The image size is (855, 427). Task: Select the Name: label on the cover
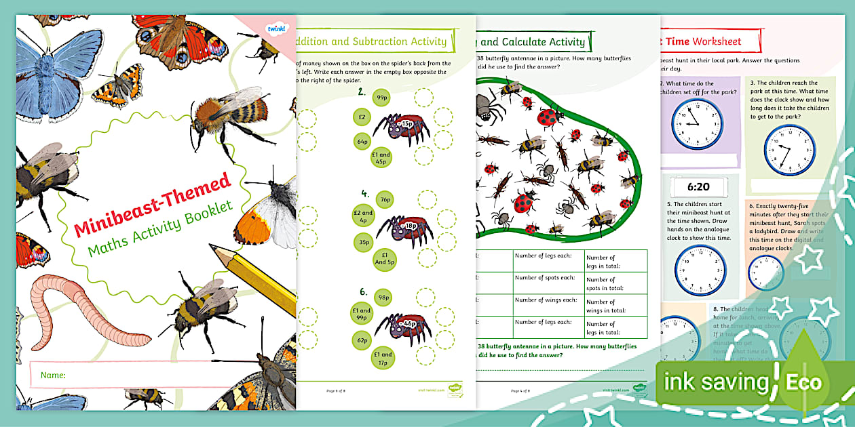[53, 375]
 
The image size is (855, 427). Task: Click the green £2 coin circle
[362, 117]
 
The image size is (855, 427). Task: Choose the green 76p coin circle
[385, 200]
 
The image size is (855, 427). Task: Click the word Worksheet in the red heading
[717, 41]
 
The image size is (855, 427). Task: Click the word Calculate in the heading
[554, 42]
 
